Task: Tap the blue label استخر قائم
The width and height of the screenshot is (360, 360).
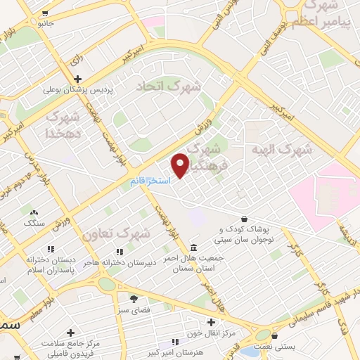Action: pos(148,181)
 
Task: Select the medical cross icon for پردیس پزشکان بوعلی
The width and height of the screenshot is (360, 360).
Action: pos(77,79)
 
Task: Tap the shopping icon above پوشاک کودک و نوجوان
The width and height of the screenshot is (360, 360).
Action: pos(243,219)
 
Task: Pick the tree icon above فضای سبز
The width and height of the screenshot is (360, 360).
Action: pos(134,299)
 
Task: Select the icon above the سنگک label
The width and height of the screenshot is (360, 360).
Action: pos(33,211)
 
